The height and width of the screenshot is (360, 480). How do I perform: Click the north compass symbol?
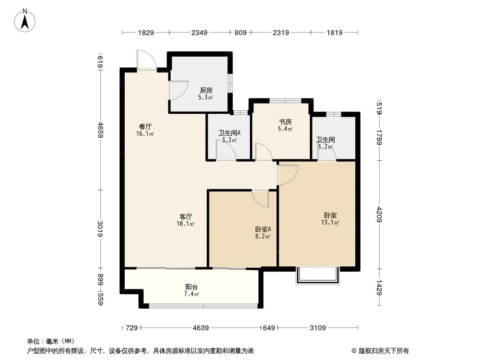25,20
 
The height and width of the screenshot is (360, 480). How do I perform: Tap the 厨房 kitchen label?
206,90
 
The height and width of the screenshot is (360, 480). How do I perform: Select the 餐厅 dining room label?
145,126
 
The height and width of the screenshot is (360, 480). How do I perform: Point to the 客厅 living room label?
186,216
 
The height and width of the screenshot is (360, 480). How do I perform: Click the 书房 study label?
285,122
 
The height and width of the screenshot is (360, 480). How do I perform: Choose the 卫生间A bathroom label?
229,133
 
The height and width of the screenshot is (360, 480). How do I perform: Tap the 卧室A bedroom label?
263,229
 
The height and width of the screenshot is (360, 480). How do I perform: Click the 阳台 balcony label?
191,287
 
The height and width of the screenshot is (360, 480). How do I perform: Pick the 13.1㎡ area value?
330,223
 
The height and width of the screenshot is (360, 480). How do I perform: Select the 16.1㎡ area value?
145,134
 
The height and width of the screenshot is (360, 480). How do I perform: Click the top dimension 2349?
199,32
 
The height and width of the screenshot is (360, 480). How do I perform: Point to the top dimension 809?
240,32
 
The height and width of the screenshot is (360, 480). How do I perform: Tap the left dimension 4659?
100,130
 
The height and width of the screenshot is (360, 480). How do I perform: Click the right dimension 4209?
380,214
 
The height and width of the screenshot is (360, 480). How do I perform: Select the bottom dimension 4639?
200,328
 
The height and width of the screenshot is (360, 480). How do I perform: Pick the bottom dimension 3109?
318,328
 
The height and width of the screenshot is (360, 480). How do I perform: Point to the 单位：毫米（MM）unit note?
51,342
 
